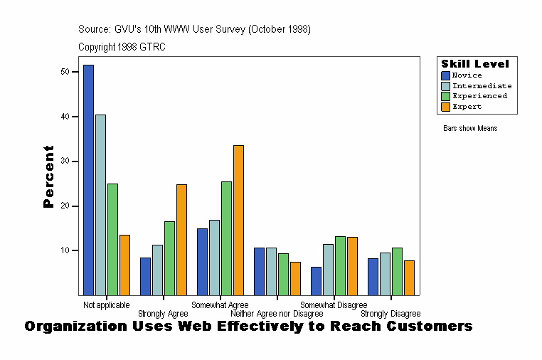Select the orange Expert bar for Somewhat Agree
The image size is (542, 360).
(x=238, y=220)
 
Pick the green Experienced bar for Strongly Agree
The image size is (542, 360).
(x=169, y=258)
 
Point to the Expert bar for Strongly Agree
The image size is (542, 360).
(x=181, y=239)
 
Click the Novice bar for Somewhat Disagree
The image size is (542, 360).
(x=316, y=280)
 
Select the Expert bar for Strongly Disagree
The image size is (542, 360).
(x=409, y=277)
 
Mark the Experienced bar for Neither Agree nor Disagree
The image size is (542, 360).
(x=283, y=274)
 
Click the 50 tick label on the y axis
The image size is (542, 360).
(x=65, y=72)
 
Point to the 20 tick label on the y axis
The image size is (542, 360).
(x=65, y=206)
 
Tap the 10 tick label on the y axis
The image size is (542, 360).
(x=65, y=251)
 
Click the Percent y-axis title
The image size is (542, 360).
(x=48, y=176)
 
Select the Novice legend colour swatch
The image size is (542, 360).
(x=446, y=75)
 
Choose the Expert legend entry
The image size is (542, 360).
(x=467, y=107)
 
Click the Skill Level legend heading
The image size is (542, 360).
(x=474, y=64)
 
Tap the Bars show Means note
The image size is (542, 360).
(x=470, y=129)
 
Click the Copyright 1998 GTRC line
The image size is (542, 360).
(x=122, y=47)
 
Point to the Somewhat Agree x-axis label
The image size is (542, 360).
(x=220, y=305)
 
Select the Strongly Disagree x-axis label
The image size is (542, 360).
(x=390, y=314)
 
